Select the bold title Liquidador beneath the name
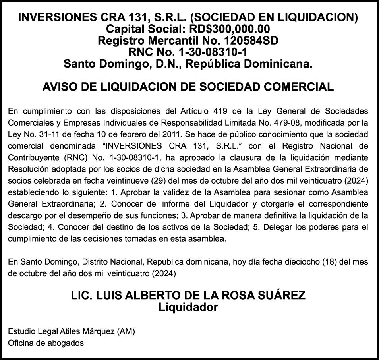188,307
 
